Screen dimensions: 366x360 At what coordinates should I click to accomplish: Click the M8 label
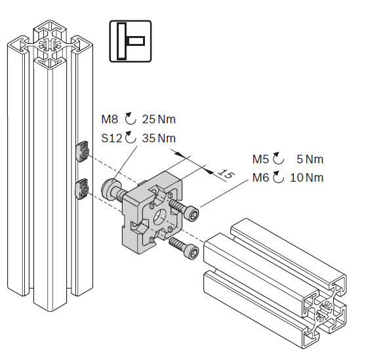tap(110, 119)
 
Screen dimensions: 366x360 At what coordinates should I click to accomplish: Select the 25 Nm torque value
tap(159, 119)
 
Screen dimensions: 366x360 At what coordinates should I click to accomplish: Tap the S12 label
tap(112, 138)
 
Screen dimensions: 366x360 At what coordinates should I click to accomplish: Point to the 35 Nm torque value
tap(159, 138)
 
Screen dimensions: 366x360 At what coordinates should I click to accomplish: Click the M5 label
tap(261, 159)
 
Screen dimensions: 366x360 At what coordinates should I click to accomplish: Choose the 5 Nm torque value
tap(310, 159)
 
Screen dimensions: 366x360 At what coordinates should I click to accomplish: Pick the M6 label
tap(261, 178)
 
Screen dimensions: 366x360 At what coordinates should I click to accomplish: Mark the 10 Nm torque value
tap(307, 178)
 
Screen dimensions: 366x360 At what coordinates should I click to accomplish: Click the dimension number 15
tap(226, 174)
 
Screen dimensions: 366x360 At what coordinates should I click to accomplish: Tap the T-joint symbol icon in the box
tap(131, 41)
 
